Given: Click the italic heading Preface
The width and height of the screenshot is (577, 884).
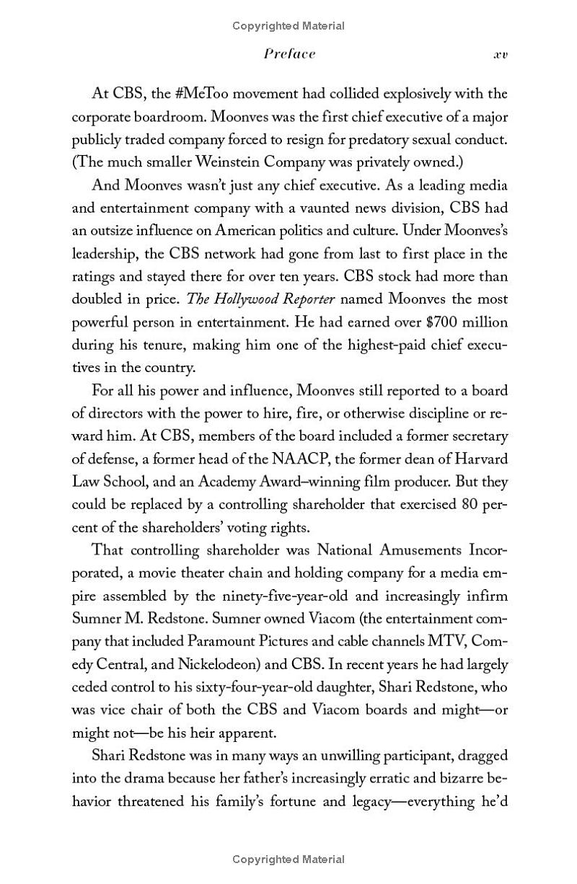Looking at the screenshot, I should coord(289,54).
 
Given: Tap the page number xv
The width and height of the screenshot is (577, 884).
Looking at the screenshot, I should coord(500,55).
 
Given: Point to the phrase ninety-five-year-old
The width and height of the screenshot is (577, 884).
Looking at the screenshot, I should coord(281,596).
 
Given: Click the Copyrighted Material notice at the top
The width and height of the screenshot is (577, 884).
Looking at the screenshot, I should coord(288,26).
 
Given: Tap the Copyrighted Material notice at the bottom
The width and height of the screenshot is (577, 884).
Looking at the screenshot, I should coord(288,859).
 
